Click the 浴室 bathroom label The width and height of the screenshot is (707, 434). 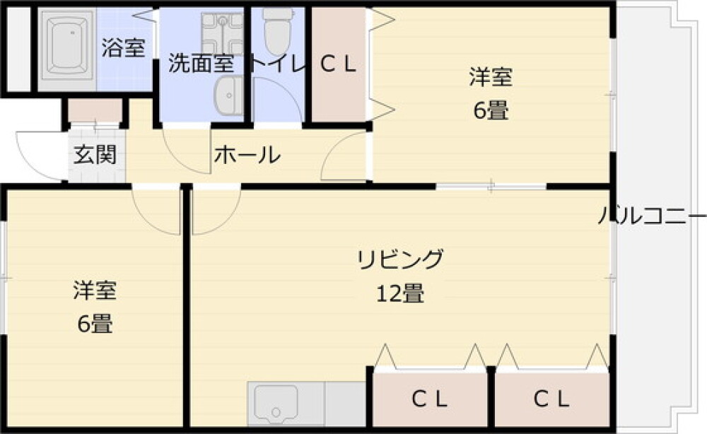[x=123, y=47]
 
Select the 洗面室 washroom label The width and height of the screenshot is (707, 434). [x=201, y=64]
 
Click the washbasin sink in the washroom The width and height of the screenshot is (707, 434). [x=228, y=95]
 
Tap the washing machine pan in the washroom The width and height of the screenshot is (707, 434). [x=222, y=34]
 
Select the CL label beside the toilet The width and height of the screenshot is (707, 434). [x=338, y=65]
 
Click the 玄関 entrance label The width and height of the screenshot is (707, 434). [x=95, y=155]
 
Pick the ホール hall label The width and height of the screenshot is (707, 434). [x=247, y=155]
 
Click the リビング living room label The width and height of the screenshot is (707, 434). [x=400, y=259]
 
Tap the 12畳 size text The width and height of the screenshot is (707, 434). [x=400, y=293]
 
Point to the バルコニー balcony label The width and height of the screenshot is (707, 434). [x=652, y=216]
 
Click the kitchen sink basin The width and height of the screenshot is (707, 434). [x=276, y=404]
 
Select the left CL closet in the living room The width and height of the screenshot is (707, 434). [x=429, y=399]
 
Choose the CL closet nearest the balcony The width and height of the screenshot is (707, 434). [x=551, y=399]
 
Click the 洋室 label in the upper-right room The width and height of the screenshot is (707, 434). [x=491, y=76]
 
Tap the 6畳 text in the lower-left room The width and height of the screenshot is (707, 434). [x=95, y=323]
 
